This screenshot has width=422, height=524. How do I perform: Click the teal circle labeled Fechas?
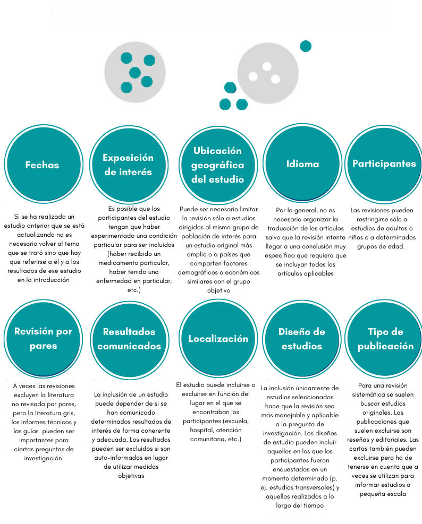[x=44, y=164]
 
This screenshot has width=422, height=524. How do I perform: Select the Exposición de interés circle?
[x=129, y=165]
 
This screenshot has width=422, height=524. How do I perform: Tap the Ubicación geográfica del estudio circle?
[x=218, y=165]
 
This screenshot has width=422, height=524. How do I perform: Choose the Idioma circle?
[x=302, y=163]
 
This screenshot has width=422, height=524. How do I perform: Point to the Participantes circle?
[x=384, y=164]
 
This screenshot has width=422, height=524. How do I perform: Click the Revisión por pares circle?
[x=43, y=339]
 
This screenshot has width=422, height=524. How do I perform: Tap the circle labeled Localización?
[x=218, y=338]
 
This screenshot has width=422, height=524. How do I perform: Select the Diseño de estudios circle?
[x=301, y=340]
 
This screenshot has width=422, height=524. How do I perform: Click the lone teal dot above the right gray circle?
[x=306, y=46]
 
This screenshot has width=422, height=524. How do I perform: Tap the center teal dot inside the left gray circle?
[x=135, y=73]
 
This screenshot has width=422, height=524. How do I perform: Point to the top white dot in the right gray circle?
[x=267, y=66]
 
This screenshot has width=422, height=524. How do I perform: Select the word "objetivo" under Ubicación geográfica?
[x=218, y=291]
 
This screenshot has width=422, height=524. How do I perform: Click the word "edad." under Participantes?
[x=396, y=247]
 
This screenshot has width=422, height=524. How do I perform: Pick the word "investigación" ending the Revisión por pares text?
[x=43, y=459]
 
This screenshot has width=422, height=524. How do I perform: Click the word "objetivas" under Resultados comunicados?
[x=131, y=476]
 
